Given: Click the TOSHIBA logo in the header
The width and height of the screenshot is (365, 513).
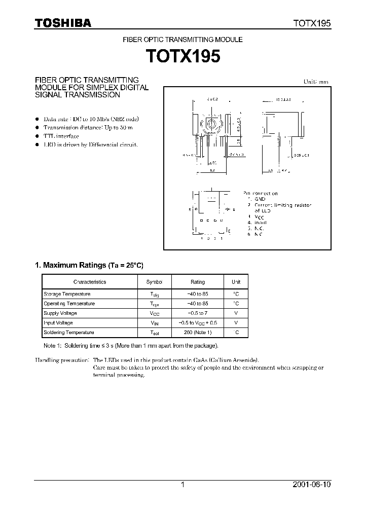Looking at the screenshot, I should point(62,23).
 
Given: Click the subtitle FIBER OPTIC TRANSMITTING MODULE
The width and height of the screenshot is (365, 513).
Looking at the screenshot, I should point(183,39).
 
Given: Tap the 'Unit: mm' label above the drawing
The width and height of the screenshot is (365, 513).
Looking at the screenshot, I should point(315,82).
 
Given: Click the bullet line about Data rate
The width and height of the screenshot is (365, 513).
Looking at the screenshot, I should point(91,119).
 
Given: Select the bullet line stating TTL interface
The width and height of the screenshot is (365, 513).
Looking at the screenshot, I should point(61,136).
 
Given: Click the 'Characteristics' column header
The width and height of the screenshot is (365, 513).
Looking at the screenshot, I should point(90,282).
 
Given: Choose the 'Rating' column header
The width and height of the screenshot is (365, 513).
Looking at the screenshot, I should point(197,282).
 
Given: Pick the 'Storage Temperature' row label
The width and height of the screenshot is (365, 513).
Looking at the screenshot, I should point(67,294).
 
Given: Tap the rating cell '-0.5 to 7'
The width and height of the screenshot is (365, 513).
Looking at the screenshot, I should point(197,313).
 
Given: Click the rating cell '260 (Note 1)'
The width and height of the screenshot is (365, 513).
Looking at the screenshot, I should point(197,333).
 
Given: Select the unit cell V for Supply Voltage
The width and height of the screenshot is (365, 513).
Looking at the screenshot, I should point(236,313).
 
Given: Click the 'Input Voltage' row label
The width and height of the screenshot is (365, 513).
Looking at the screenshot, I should point(58,323).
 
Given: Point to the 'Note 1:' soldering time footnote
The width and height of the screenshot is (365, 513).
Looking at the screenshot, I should point(131,346).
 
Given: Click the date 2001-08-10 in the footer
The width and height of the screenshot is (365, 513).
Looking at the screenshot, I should point(311,485).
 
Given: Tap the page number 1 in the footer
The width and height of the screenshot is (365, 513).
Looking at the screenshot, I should point(182,485).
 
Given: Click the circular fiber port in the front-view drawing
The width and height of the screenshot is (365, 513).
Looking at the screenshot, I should point(212,125).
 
